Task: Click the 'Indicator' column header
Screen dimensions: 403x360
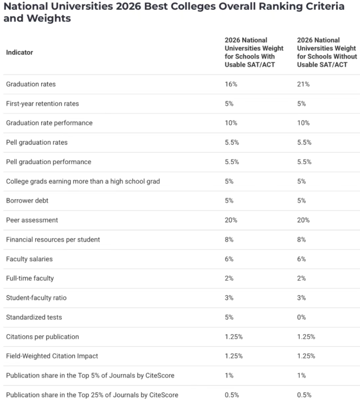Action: (20, 53)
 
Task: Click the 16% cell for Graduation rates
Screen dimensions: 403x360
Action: (230, 84)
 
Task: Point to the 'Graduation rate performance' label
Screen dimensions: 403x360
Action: (49, 123)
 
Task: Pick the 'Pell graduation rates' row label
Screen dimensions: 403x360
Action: (37, 142)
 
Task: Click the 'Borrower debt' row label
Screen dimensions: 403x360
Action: (27, 200)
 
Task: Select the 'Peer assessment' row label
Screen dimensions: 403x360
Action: (32, 220)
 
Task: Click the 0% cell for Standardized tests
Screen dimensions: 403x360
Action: (301, 317)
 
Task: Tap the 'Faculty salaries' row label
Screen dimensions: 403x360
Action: (29, 259)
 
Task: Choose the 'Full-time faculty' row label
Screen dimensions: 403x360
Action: (30, 278)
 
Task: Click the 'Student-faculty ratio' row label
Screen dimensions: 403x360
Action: (36, 298)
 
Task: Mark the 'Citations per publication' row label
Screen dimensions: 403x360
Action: (42, 336)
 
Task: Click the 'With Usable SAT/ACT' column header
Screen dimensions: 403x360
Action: (254, 53)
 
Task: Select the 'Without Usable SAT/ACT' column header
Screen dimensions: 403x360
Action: (326, 53)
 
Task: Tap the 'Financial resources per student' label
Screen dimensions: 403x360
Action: (53, 239)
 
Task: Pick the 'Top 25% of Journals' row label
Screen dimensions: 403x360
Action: (92, 395)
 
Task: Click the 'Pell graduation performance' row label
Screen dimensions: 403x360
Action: (48, 162)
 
